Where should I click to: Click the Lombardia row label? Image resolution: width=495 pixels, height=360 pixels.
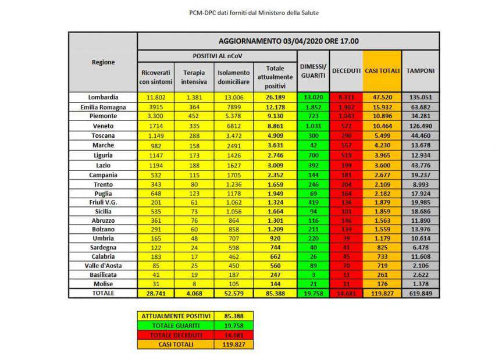click(x=103, y=97)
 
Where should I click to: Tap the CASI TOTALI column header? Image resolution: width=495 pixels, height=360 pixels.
click(x=382, y=71)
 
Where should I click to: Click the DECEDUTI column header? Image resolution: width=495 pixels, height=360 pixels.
click(x=346, y=71)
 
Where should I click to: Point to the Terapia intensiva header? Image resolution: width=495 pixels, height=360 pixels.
click(x=194, y=77)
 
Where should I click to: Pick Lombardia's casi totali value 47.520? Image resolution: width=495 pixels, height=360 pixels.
click(x=382, y=97)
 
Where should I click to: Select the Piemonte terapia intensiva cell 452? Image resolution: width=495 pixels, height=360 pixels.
click(x=194, y=116)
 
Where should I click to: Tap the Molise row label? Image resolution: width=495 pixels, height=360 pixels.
click(x=103, y=284)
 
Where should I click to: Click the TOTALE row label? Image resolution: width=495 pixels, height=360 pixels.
click(x=103, y=294)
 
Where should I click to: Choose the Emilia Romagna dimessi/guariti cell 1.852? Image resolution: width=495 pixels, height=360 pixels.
click(x=313, y=107)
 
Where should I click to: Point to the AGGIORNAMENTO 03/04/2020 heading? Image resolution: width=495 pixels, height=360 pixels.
click(x=288, y=41)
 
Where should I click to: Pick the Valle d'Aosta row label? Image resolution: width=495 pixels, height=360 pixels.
click(x=103, y=265)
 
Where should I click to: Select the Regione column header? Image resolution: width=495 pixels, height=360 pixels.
click(x=103, y=62)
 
